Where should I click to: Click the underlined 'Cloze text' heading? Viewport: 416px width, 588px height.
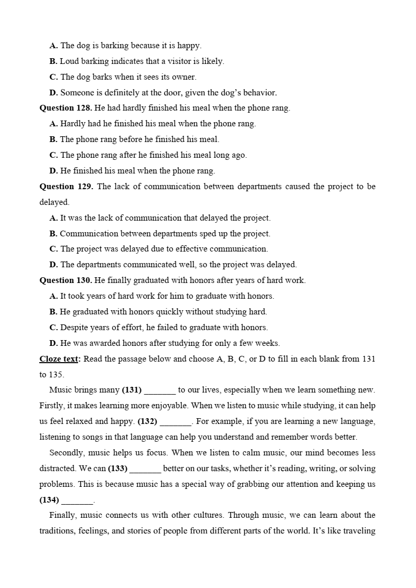(59, 359)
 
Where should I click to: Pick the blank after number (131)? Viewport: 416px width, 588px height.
(160, 390)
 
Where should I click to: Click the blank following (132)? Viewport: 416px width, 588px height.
(176, 421)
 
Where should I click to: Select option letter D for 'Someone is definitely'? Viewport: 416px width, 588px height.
(53, 93)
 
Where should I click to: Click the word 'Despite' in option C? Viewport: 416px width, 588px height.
(74, 328)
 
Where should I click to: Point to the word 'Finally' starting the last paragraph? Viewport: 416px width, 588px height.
(63, 515)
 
